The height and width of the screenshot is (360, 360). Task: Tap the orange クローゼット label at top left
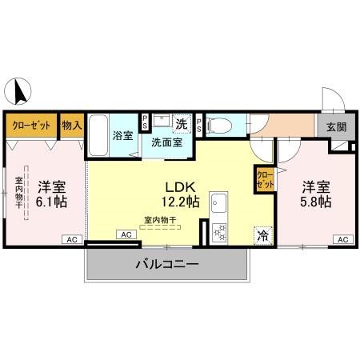point(32,125)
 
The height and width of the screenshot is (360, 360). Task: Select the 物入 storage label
point(72,125)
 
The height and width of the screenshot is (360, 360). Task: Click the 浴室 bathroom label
point(122,135)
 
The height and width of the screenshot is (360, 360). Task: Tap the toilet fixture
point(222,125)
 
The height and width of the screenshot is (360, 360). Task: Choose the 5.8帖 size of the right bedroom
point(315,202)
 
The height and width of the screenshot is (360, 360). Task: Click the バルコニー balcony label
point(166,263)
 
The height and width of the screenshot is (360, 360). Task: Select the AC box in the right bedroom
point(342,240)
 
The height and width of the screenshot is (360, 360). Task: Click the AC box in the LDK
point(125,234)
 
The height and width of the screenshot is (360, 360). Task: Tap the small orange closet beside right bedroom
point(265,178)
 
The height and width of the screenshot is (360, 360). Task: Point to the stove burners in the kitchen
point(218,232)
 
